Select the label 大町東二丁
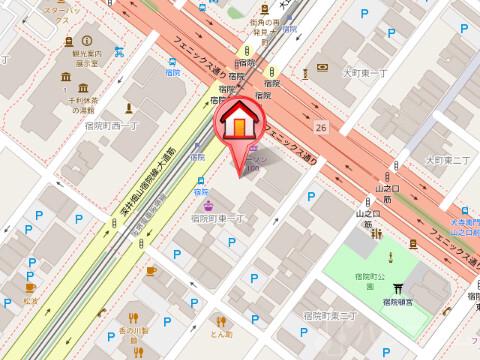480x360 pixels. (445, 160)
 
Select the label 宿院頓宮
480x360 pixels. (398, 300)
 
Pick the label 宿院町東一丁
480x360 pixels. (219, 218)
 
